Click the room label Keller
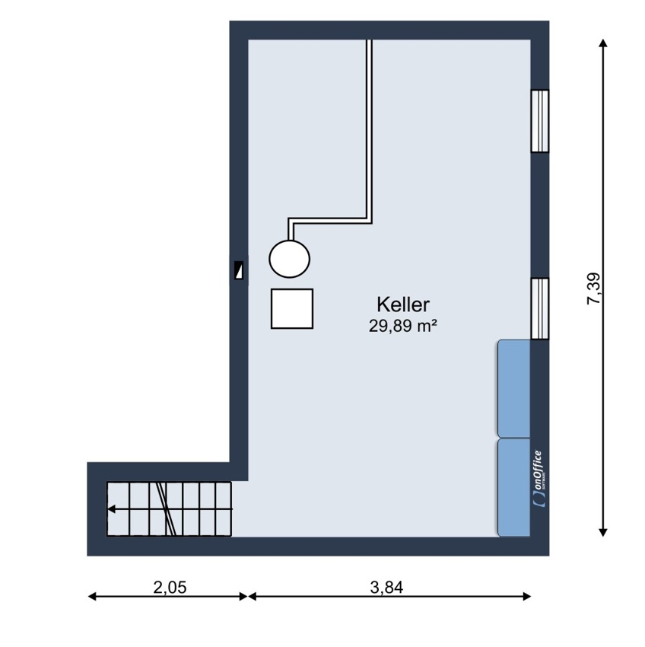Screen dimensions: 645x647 (x=403, y=304)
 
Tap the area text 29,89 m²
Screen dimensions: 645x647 (x=403, y=327)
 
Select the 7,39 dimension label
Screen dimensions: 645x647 (x=594, y=288)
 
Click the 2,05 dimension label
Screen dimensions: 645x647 (x=170, y=587)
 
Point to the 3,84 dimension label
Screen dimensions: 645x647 (x=386, y=587)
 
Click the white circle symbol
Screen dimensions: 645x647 (x=290, y=259)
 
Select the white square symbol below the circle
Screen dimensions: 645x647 (x=292, y=308)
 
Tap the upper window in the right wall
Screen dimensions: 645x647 (x=540, y=121)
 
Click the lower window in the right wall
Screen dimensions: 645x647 (x=540, y=308)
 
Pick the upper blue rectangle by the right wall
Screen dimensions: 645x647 (x=514, y=388)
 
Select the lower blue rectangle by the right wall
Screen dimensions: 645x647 (x=514, y=487)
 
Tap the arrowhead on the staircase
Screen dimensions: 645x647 (x=111, y=509)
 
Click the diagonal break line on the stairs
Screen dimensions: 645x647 (x=167, y=508)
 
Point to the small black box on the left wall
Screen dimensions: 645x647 (x=239, y=270)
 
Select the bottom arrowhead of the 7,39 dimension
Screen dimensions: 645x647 (x=603, y=531)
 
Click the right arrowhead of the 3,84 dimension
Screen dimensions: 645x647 (x=526, y=596)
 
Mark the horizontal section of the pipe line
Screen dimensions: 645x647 (x=330, y=221)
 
